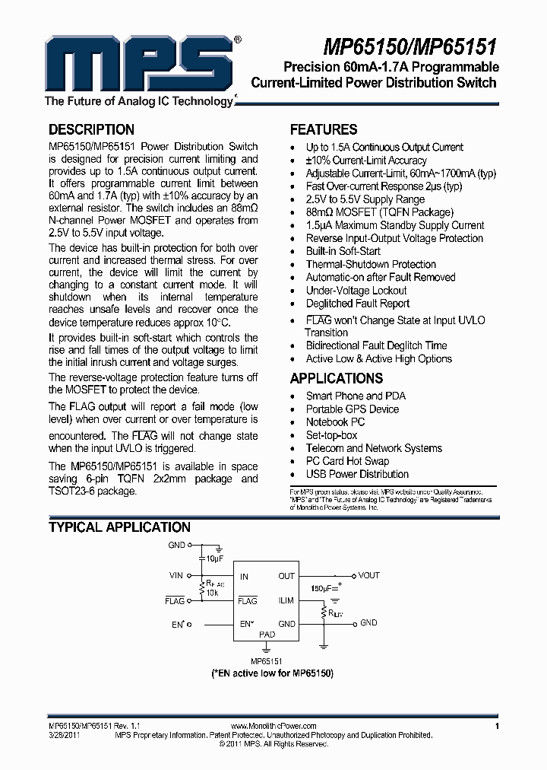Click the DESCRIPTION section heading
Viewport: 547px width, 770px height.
[x=91, y=129]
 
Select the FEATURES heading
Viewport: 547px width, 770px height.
[x=324, y=129]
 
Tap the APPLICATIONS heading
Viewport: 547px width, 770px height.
[x=337, y=378]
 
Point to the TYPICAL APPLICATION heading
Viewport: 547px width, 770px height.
[x=119, y=527]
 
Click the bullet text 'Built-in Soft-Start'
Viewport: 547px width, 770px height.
[x=343, y=251]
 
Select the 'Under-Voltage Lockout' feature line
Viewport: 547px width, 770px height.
[x=356, y=290]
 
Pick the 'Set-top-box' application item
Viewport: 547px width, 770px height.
[x=331, y=435]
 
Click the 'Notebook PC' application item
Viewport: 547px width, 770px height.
[x=335, y=422]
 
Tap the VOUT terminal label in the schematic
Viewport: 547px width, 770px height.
[x=369, y=576]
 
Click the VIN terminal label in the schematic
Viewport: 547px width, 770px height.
[x=176, y=576]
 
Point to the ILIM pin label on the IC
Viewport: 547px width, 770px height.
[x=286, y=600]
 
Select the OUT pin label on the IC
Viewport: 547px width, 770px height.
[x=286, y=576]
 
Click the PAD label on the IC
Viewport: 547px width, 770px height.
[x=267, y=634]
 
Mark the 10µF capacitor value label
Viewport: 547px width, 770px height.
[x=214, y=559]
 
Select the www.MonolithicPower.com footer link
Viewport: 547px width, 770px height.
[x=272, y=727]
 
